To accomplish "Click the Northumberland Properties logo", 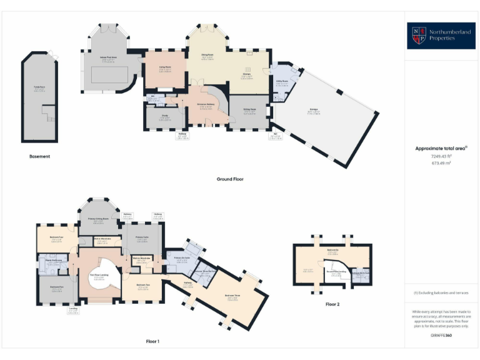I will point(442,36).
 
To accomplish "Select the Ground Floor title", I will point(230,179).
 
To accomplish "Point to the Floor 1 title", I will point(152,341).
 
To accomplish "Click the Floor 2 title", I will point(332,304).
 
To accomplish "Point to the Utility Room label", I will point(281,81).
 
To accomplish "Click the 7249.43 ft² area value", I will point(441,156).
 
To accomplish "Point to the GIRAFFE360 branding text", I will point(441,336).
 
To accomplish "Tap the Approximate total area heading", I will point(441,148).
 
